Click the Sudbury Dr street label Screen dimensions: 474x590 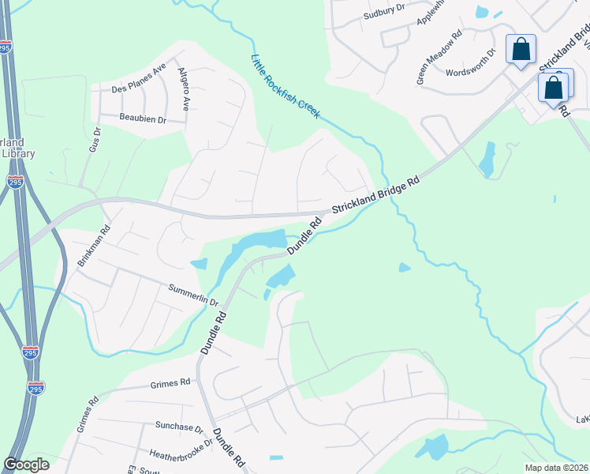[384, 12]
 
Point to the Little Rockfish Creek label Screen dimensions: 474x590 [285, 86]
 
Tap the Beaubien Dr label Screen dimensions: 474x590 [143, 118]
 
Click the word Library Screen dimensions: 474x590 [18, 153]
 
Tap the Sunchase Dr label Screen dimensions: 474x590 [179, 427]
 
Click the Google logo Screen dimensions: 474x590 [26, 465]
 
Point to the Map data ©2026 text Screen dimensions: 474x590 [556, 468]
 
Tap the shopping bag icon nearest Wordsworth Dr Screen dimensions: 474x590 [521, 50]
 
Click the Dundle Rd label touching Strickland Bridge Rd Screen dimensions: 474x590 [305, 236]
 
